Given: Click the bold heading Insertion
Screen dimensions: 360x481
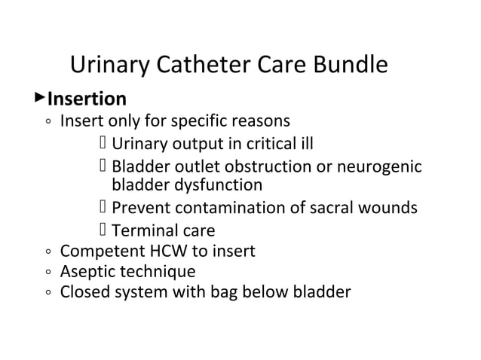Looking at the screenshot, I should (87, 99).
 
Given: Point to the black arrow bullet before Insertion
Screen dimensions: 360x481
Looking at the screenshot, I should (40, 98).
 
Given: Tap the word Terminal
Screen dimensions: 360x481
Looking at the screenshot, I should (142, 231).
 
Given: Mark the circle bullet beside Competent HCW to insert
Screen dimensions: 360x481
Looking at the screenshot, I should (47, 252).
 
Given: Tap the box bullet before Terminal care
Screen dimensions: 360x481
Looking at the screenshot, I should (103, 230).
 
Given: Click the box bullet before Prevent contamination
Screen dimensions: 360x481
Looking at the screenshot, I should (103, 207).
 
